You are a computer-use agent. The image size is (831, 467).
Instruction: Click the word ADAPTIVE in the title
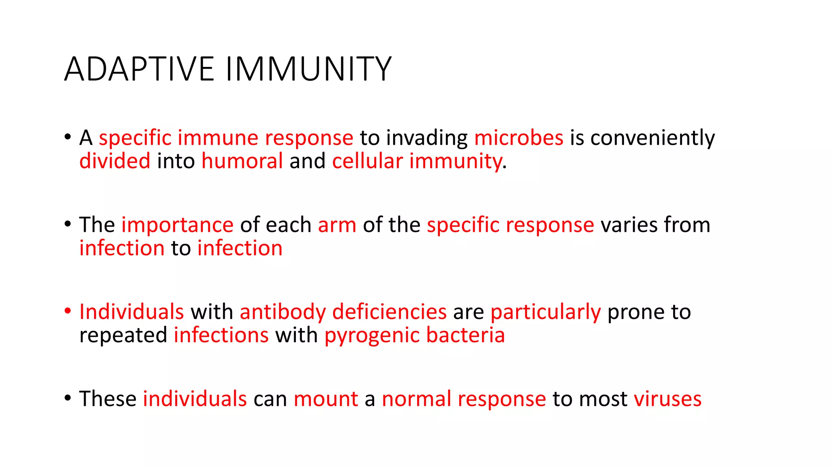pyautogui.click(x=139, y=69)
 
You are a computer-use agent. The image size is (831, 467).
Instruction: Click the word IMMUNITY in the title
pyautogui.click(x=308, y=69)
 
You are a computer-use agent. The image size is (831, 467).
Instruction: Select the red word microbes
pyautogui.click(x=519, y=138)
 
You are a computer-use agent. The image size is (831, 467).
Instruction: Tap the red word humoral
pyautogui.click(x=242, y=161)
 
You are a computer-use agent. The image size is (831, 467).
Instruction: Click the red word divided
pyautogui.click(x=115, y=161)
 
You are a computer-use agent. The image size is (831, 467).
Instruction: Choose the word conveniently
pyautogui.click(x=652, y=138)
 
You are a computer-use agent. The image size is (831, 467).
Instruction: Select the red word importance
pyautogui.click(x=177, y=225)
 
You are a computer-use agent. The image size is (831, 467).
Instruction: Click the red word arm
pyautogui.click(x=337, y=225)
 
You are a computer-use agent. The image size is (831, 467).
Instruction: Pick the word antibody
pyautogui.click(x=282, y=312)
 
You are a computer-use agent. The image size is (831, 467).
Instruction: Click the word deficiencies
pyautogui.click(x=389, y=312)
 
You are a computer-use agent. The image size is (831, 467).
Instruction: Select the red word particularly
pyautogui.click(x=545, y=312)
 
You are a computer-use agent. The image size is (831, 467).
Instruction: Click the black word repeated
pyautogui.click(x=123, y=335)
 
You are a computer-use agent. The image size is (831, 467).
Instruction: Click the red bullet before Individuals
pyautogui.click(x=68, y=311)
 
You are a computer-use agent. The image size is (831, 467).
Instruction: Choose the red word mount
pyautogui.click(x=326, y=399)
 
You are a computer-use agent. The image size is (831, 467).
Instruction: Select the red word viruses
pyautogui.click(x=667, y=399)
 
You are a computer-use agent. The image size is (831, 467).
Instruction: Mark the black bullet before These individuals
pyautogui.click(x=68, y=398)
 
